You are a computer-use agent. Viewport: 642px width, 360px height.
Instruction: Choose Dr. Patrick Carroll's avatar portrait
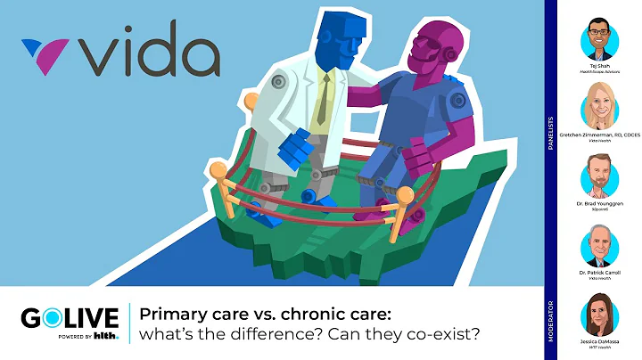(x=599, y=245)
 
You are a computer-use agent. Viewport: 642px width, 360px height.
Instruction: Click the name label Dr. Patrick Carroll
(x=599, y=272)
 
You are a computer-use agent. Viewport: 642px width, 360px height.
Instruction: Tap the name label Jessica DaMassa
(x=599, y=342)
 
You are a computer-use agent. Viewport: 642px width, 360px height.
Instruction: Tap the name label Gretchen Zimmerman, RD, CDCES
(x=599, y=138)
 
